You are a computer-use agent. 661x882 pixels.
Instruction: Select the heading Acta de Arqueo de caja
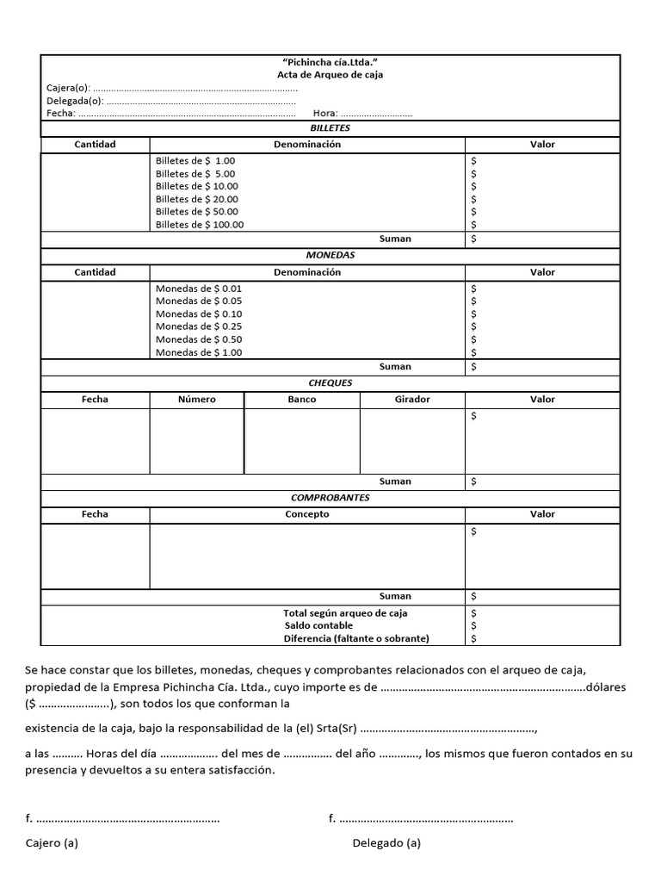click(x=330, y=75)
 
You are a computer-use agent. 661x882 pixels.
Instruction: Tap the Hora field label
click(x=325, y=113)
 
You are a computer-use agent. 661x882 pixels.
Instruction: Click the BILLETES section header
click(x=330, y=128)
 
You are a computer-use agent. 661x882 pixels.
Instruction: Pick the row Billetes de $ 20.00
click(x=197, y=199)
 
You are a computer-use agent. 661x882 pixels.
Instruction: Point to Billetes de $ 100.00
click(x=200, y=225)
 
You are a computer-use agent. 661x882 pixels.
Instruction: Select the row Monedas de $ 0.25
click(x=199, y=326)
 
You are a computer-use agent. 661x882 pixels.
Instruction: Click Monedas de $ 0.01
click(x=199, y=289)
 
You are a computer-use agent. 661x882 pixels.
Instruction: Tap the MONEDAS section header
click(x=330, y=256)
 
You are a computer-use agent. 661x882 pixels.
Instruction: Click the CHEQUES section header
click(x=330, y=383)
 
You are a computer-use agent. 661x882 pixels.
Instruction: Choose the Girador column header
click(x=412, y=400)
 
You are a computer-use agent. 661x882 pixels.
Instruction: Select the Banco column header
click(x=302, y=400)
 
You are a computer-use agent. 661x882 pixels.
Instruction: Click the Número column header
click(x=197, y=400)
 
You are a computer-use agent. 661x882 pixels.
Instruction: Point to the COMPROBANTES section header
click(x=330, y=498)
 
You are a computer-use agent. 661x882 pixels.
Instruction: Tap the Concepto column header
click(x=307, y=514)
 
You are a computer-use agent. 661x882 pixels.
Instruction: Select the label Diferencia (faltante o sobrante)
click(x=356, y=638)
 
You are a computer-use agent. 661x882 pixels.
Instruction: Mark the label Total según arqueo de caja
click(x=345, y=613)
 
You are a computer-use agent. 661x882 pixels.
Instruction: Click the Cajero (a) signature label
click(x=52, y=843)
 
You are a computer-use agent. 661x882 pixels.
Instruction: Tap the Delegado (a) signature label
click(x=386, y=843)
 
